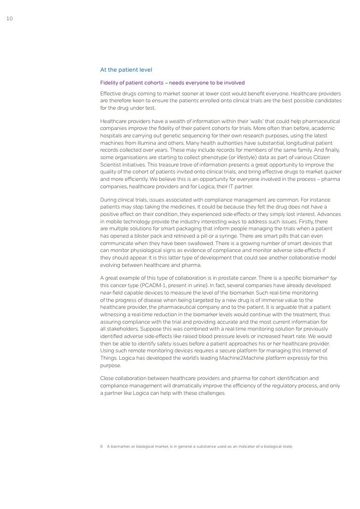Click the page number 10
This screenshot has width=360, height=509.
tap(8, 19)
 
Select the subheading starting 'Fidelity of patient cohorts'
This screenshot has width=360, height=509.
tap(172, 83)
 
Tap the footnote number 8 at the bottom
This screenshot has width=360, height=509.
tap(101, 446)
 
